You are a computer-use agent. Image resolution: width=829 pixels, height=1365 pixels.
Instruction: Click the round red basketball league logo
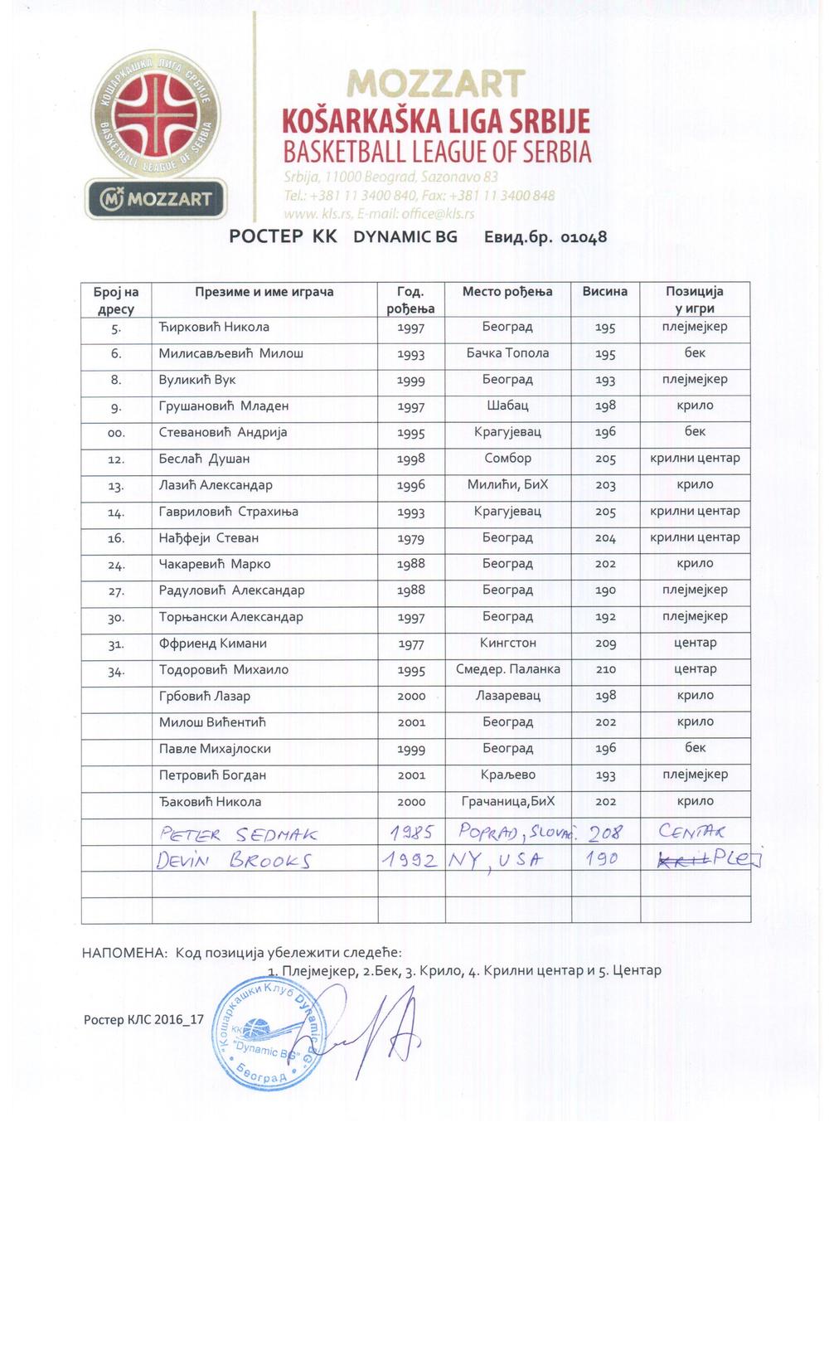tap(156, 112)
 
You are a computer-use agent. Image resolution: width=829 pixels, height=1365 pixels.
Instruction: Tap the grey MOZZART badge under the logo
tap(156, 199)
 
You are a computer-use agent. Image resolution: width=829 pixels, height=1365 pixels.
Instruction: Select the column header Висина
tap(604, 292)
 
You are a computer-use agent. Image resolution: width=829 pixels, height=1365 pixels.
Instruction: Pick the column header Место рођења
tap(507, 292)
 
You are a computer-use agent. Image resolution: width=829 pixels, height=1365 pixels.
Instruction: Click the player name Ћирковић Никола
tap(214, 327)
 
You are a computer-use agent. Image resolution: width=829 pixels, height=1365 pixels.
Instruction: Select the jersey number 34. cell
tap(116, 670)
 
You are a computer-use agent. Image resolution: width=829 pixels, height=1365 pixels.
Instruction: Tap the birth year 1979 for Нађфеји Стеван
tap(411, 538)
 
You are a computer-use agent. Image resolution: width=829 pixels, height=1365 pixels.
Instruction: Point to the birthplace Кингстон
tap(507, 643)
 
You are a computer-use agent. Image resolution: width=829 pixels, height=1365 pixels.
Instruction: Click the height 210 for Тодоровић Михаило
tap(605, 669)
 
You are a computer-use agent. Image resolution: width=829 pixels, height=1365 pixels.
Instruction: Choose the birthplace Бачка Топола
tap(507, 353)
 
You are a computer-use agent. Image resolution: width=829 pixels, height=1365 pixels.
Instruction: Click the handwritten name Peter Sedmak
tap(238, 833)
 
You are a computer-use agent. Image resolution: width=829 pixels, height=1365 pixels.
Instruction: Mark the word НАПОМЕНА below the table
tap(124, 953)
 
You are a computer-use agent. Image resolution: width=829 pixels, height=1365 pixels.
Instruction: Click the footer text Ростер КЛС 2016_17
tap(143, 1019)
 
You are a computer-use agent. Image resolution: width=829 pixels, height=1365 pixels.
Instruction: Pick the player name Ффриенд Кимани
tap(213, 644)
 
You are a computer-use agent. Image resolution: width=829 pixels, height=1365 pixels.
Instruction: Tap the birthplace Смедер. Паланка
tap(507, 669)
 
